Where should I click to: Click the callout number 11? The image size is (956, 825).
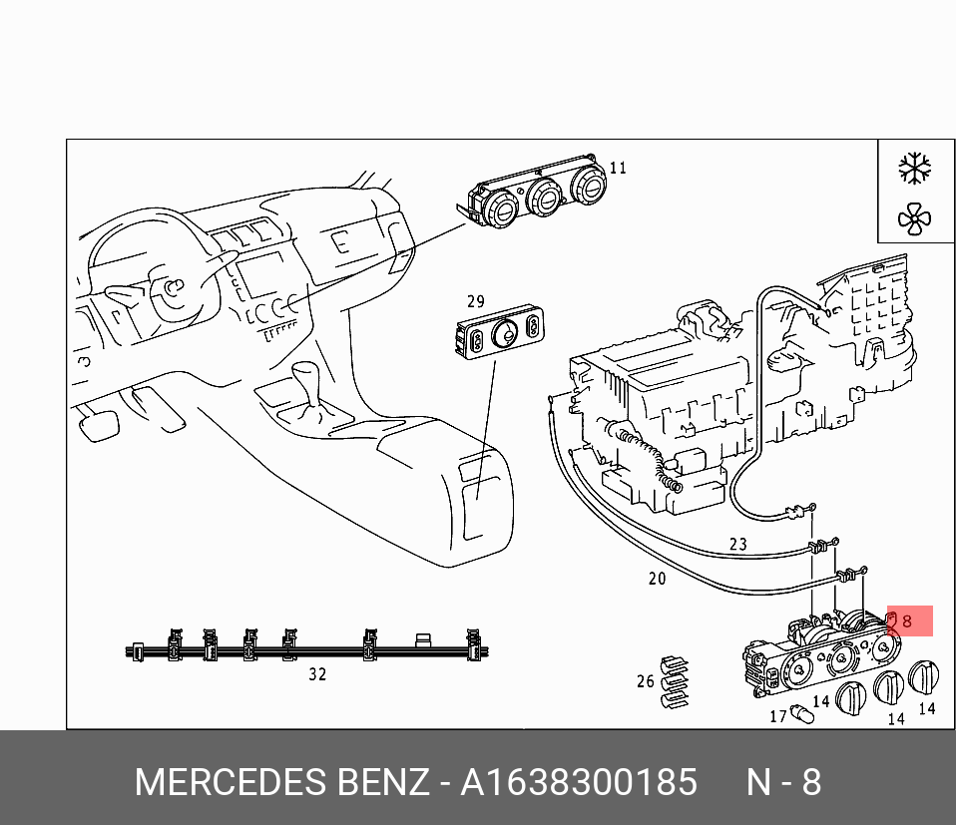coord(618,169)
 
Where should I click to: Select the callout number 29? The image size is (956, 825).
coord(476,301)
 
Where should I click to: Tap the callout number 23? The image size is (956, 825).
coord(737,544)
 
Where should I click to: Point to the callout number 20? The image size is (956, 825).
coord(657,579)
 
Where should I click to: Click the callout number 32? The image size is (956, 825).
coord(317,674)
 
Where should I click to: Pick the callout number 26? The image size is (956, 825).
coord(645,681)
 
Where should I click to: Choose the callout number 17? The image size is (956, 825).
coord(778,716)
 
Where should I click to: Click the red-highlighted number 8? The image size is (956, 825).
coord(907,621)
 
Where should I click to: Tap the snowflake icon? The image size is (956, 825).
coord(914,169)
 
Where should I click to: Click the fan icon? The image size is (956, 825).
coord(914,219)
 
